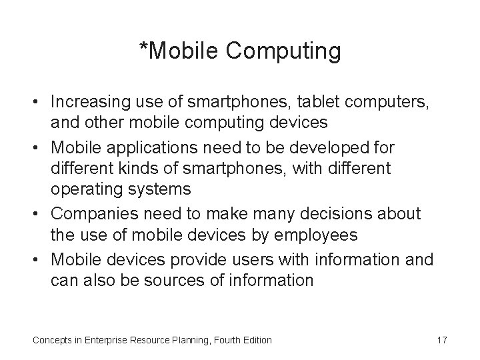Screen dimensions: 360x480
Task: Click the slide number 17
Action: pyautogui.click(x=441, y=340)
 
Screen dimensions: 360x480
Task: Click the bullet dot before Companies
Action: pyautogui.click(x=38, y=214)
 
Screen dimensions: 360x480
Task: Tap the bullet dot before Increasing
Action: pyautogui.click(x=38, y=103)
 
